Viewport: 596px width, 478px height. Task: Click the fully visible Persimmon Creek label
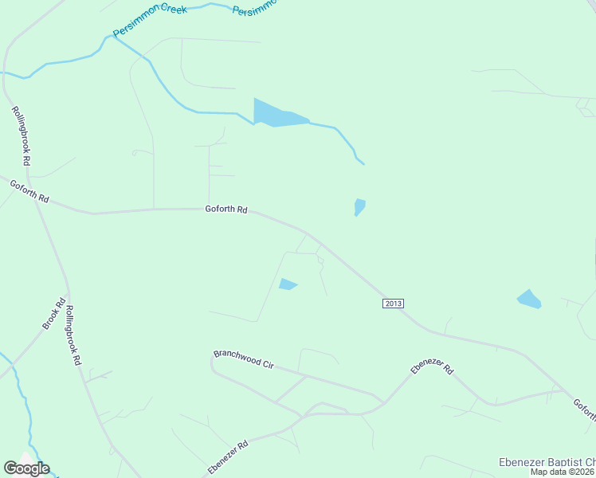pos(149,22)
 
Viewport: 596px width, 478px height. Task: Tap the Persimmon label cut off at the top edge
pos(255,8)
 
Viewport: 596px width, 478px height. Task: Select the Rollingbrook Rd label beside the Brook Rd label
pos(73,335)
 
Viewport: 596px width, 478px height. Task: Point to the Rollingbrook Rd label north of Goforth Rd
pos(22,136)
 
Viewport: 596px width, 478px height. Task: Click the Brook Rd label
pos(53,315)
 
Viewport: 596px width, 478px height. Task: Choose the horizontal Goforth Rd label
pos(226,210)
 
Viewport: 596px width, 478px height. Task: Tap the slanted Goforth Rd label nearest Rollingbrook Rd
pos(29,192)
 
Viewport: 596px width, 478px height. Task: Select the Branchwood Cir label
pos(244,358)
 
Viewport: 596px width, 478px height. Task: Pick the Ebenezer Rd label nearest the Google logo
pos(229,456)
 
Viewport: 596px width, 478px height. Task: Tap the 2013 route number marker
pos(394,304)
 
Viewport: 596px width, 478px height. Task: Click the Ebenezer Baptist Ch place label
pos(547,461)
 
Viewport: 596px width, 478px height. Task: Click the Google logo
pos(26,468)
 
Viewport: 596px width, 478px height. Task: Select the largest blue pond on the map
pos(276,113)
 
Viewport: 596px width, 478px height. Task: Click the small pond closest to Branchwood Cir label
pos(288,284)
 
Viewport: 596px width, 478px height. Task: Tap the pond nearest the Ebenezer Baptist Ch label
pos(528,299)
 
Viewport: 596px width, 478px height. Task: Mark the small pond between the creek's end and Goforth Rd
pos(359,207)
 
